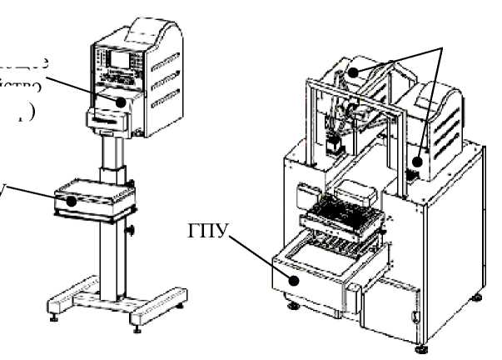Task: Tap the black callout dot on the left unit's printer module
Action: pyautogui.click(x=122, y=102)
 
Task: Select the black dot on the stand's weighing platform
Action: pyautogui.click(x=72, y=200)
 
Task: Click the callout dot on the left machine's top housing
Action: pyautogui.click(x=354, y=72)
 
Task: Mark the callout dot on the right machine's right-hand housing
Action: pyautogui.click(x=418, y=152)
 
